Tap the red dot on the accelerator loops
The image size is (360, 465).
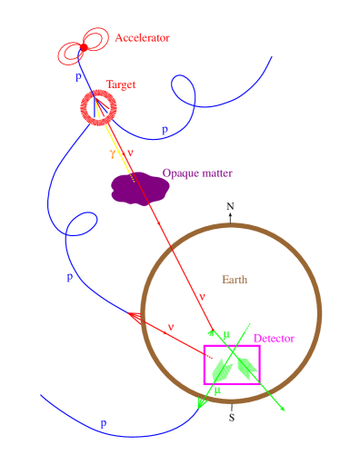tap(84, 47)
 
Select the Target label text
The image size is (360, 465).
tap(121, 84)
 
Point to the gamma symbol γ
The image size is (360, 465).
tap(113, 153)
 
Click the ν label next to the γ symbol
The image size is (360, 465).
tap(129, 153)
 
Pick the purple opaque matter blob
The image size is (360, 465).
tap(139, 188)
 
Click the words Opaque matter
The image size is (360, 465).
tap(197, 172)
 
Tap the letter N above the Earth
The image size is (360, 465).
tap(230, 206)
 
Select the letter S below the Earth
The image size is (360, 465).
tap(231, 419)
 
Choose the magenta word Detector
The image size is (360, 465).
tap(274, 338)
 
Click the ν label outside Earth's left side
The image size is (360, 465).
tap(170, 326)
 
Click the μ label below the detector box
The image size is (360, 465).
tap(216, 390)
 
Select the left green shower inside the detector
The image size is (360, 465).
tap(219, 371)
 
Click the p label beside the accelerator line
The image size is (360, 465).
tap(78, 77)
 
